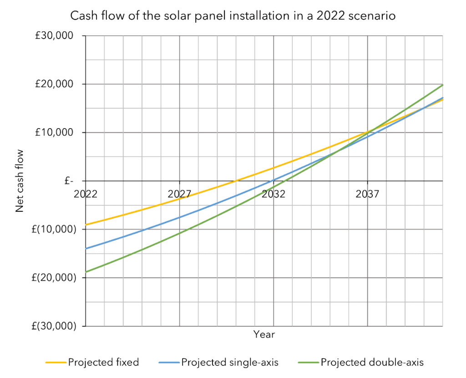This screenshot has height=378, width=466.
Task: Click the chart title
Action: pyautogui.click(x=233, y=16)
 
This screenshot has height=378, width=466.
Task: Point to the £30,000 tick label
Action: pyautogui.click(x=55, y=36)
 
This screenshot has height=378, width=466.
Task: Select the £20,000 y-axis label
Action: pyautogui.click(x=55, y=84)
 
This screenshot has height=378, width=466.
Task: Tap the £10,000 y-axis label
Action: pyautogui.click(x=55, y=133)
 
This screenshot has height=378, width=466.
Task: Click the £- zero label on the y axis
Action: pyautogui.click(x=69, y=181)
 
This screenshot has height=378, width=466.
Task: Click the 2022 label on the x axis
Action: pyautogui.click(x=86, y=194)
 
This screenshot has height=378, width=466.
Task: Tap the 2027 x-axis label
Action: pyautogui.click(x=179, y=194)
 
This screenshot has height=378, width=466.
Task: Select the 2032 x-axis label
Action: pyautogui.click(x=274, y=194)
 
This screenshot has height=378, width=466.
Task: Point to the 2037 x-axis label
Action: pyautogui.click(x=367, y=194)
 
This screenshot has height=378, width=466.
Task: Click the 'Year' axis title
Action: pyautogui.click(x=264, y=335)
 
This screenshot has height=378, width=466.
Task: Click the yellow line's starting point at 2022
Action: pyautogui.click(x=86, y=225)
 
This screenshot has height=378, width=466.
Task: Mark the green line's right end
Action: pyautogui.click(x=442, y=85)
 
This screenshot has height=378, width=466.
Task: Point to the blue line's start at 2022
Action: pyautogui.click(x=86, y=249)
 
